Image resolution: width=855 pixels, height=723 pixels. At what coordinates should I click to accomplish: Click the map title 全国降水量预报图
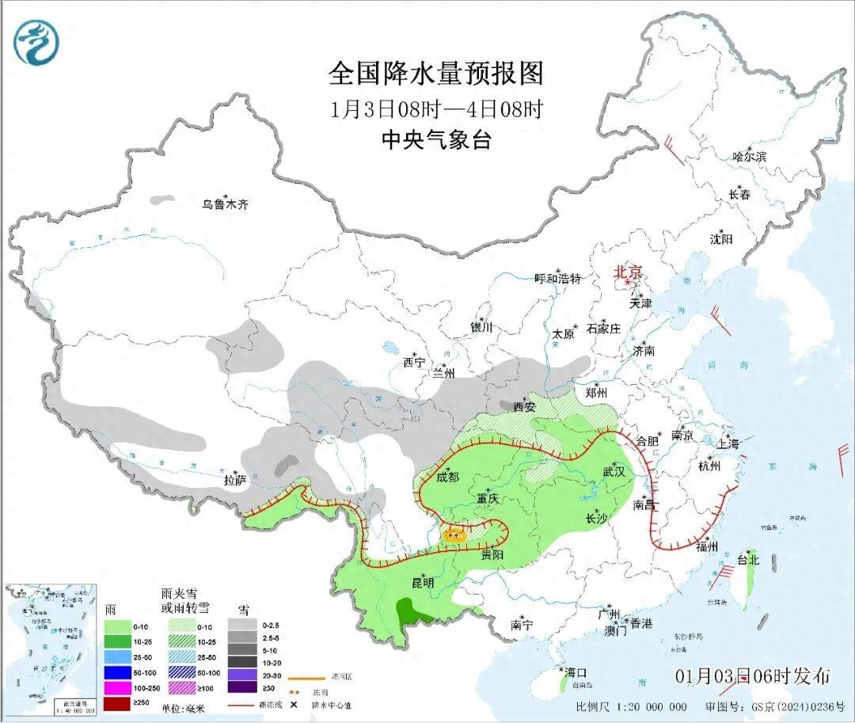(436, 74)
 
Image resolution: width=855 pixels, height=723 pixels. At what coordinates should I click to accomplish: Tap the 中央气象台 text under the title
(436, 140)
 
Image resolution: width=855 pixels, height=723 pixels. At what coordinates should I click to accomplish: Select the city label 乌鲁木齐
(225, 204)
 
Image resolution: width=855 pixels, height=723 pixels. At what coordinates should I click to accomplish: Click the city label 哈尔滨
(749, 157)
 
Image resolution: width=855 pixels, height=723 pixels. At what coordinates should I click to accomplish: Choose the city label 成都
(447, 477)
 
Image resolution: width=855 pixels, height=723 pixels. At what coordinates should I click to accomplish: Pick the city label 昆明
(423, 583)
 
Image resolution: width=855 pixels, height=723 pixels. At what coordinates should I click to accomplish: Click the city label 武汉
(614, 471)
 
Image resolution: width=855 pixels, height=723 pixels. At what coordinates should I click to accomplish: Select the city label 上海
(728, 443)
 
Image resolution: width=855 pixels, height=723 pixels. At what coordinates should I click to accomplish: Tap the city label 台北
(748, 559)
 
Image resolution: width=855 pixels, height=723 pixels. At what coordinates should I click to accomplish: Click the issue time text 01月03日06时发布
(752, 676)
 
